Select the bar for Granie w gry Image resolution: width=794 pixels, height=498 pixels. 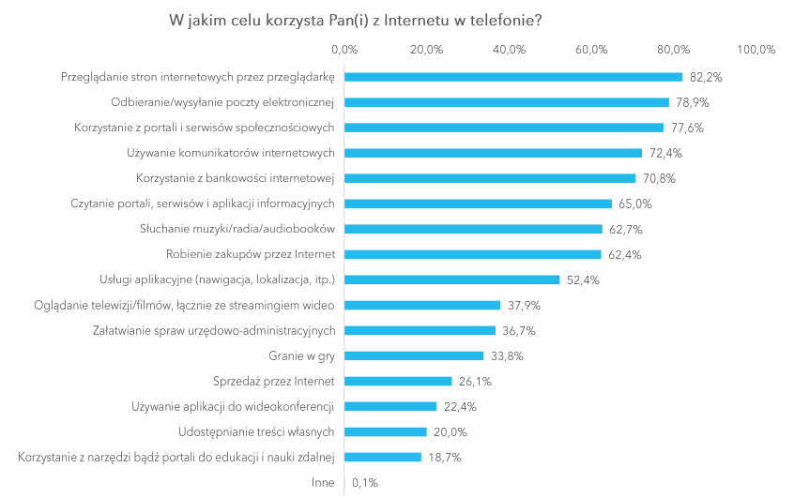click(x=414, y=355)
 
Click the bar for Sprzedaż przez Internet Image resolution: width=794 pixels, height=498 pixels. click(x=399, y=381)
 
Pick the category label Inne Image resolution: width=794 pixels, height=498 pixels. click(x=324, y=483)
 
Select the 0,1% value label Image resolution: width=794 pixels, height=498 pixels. click(x=364, y=483)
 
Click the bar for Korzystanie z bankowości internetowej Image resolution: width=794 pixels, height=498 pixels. click(x=490, y=178)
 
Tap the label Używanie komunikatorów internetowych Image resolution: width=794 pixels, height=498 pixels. click(x=232, y=153)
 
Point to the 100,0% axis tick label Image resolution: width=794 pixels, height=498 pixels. click(x=756, y=49)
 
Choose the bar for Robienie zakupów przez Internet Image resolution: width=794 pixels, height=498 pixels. click(x=473, y=254)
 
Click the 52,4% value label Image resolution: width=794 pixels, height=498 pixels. click(x=581, y=279)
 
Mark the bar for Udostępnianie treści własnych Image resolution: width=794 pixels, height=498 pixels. click(x=386, y=431)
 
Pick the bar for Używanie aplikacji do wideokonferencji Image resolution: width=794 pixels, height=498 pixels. click(x=391, y=406)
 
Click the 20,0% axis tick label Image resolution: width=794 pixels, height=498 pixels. click(x=427, y=49)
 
